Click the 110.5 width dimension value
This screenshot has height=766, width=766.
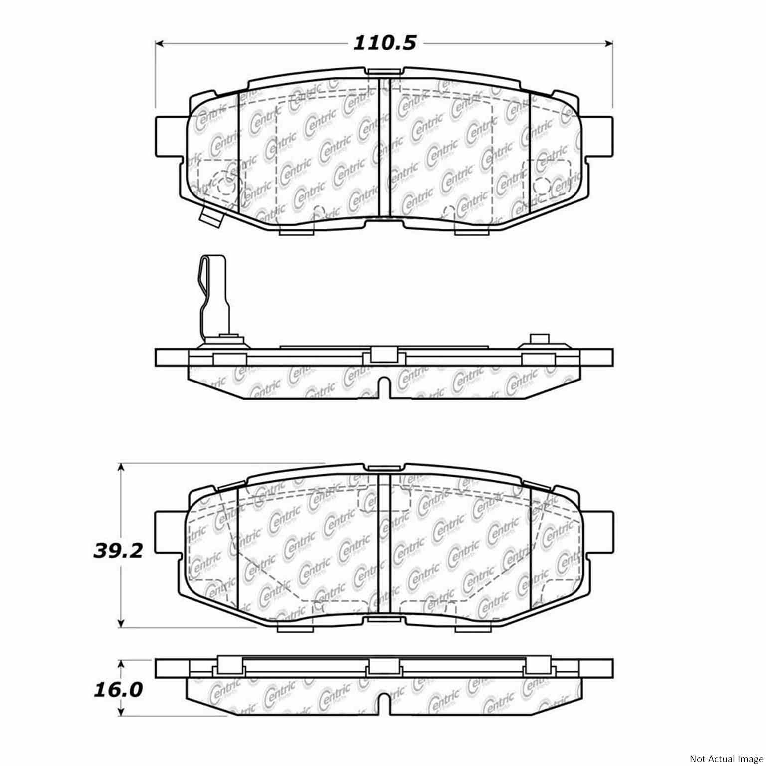coord(384,43)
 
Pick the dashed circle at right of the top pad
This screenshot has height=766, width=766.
coord(542,186)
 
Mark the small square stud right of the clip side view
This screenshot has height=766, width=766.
coord(539,339)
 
